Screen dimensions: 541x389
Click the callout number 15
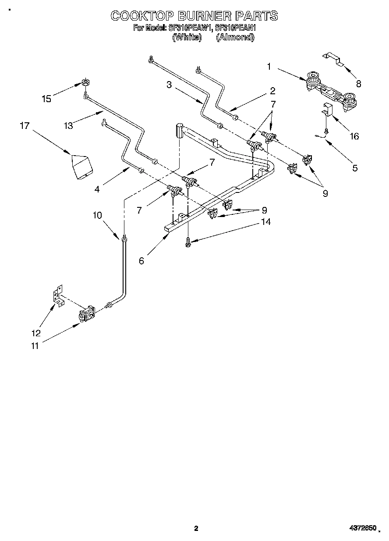(x=46, y=99)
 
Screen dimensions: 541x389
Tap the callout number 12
(x=36, y=333)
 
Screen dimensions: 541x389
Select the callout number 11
(x=35, y=346)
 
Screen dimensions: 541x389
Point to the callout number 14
(x=265, y=222)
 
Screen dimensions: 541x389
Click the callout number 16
(x=354, y=136)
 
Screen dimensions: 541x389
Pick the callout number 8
(x=358, y=84)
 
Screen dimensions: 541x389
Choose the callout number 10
(x=97, y=215)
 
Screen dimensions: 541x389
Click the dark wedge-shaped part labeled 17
(x=82, y=167)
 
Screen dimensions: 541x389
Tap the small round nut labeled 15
(x=85, y=82)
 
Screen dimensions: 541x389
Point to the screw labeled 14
(x=188, y=242)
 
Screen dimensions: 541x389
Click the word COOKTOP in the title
(x=137, y=16)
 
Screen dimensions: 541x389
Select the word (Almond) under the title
(x=235, y=37)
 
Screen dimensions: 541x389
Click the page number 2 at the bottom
(x=196, y=529)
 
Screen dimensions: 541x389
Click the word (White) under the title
(x=187, y=37)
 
